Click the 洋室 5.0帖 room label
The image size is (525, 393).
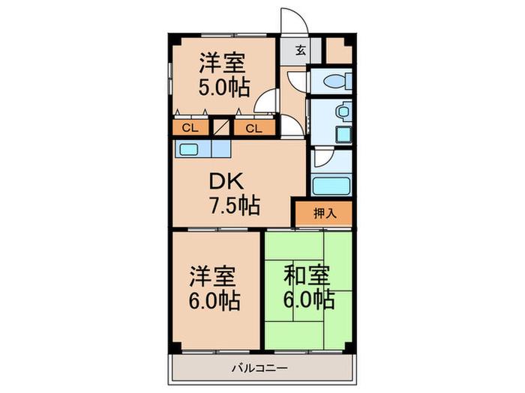[x=224, y=75]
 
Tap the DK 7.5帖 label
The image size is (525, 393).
[x=234, y=193]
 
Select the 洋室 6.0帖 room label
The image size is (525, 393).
[x=214, y=288]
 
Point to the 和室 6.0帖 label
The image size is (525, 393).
[x=309, y=287]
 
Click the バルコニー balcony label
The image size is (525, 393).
[x=259, y=368]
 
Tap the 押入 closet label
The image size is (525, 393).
[x=325, y=213]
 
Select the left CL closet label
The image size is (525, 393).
[x=190, y=128]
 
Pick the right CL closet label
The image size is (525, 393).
[x=253, y=128]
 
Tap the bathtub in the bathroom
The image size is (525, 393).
[x=331, y=186]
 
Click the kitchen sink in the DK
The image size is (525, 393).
[x=188, y=149]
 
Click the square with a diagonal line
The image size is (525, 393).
[x=221, y=127]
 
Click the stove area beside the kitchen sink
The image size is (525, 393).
[x=221, y=149]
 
